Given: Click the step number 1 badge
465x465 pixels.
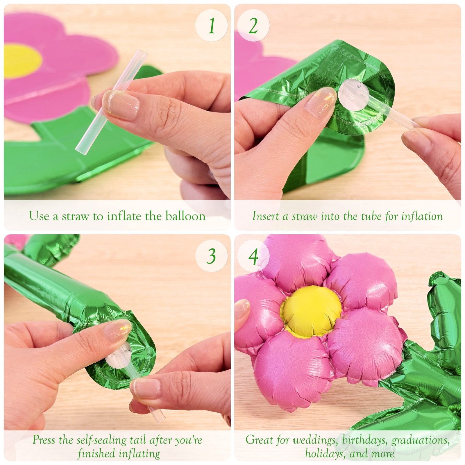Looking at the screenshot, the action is tap(211, 26).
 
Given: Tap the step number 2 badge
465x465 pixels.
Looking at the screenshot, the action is tap(253, 26).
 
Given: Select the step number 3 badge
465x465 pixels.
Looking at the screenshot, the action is tap(211, 256).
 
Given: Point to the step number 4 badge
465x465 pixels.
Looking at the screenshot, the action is tap(253, 256).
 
